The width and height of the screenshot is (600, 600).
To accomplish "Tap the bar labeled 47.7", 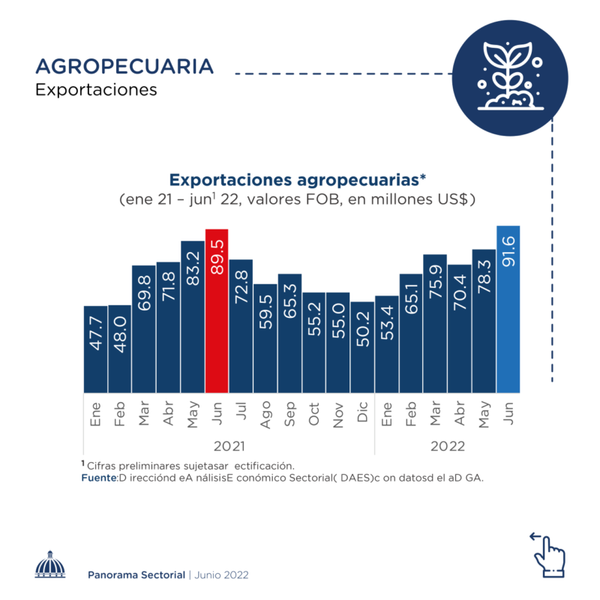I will (95, 349).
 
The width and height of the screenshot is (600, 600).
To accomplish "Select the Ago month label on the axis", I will (265, 414).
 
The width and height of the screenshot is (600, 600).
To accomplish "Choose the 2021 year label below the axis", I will (229, 445).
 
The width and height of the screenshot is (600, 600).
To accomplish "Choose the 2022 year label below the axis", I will (448, 445).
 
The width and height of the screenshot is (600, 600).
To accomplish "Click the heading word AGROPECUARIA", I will (124, 66).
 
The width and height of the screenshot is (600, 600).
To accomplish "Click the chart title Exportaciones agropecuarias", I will (298, 180).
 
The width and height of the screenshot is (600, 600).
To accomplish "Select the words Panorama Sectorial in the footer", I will (136, 574).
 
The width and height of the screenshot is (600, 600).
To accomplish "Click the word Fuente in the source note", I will (97, 478).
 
